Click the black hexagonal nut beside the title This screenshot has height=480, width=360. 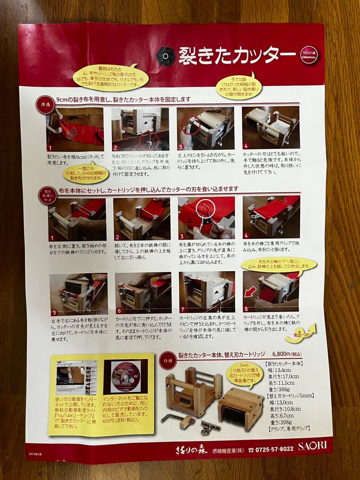[x=166, y=56]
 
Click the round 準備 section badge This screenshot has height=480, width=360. [x=45, y=105]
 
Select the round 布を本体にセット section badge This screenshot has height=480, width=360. [x=47, y=196]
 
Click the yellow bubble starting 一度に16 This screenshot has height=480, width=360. [x=85, y=173]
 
